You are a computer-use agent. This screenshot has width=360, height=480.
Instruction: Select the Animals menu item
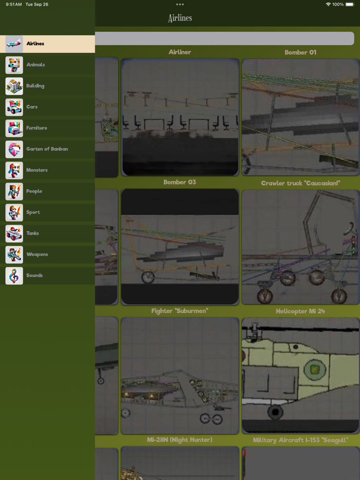click(35, 65)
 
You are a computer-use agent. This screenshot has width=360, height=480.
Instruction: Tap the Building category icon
click(14, 86)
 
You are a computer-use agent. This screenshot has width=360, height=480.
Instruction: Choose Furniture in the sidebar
click(37, 128)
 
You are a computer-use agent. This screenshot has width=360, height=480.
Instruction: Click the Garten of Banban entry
click(47, 149)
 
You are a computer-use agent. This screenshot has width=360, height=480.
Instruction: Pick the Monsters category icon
click(14, 170)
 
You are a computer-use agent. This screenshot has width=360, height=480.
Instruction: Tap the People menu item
click(34, 191)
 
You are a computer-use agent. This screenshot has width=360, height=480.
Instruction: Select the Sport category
click(33, 212)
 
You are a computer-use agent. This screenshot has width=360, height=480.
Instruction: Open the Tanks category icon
click(14, 233)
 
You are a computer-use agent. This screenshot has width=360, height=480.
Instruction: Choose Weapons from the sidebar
click(37, 254)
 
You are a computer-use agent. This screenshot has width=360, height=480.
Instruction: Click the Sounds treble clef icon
click(14, 276)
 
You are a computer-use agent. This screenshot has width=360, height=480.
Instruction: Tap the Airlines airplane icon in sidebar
click(14, 44)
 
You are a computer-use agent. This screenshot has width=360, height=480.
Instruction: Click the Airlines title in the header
click(180, 18)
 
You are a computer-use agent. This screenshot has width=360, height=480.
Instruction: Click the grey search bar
click(225, 39)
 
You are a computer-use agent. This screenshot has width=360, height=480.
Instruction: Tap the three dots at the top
click(180, 4)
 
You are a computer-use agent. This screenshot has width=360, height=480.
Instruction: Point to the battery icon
click(350, 4)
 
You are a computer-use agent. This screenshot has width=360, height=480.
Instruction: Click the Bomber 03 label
click(180, 182)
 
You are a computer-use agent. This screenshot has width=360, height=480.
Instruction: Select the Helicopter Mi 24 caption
click(300, 311)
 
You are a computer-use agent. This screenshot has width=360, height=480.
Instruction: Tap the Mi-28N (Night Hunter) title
click(179, 440)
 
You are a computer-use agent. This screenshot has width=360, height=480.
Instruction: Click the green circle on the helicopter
click(314, 370)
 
